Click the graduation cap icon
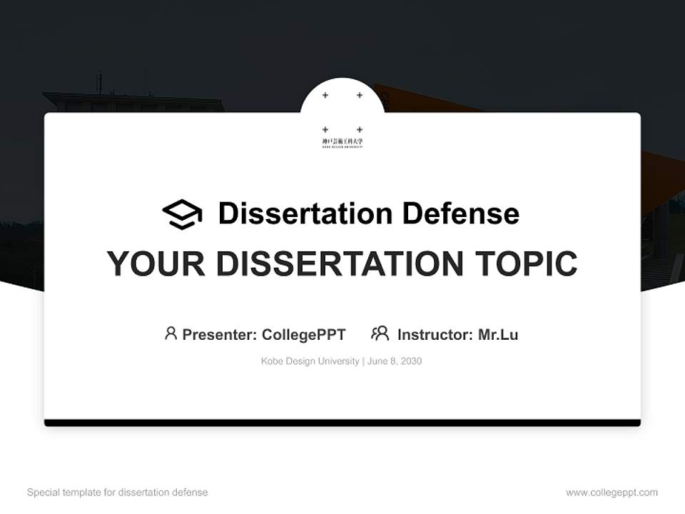click(182, 214)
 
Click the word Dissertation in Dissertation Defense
click(305, 213)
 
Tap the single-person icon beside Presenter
click(171, 333)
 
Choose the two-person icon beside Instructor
click(380, 333)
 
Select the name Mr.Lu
click(498, 334)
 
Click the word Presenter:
click(219, 334)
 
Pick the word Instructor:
click(435, 334)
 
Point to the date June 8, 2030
click(395, 361)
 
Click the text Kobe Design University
click(310, 361)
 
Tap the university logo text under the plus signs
click(342, 142)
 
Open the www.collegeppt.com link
click(612, 493)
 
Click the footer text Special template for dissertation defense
click(118, 493)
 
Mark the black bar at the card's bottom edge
click(342, 423)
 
